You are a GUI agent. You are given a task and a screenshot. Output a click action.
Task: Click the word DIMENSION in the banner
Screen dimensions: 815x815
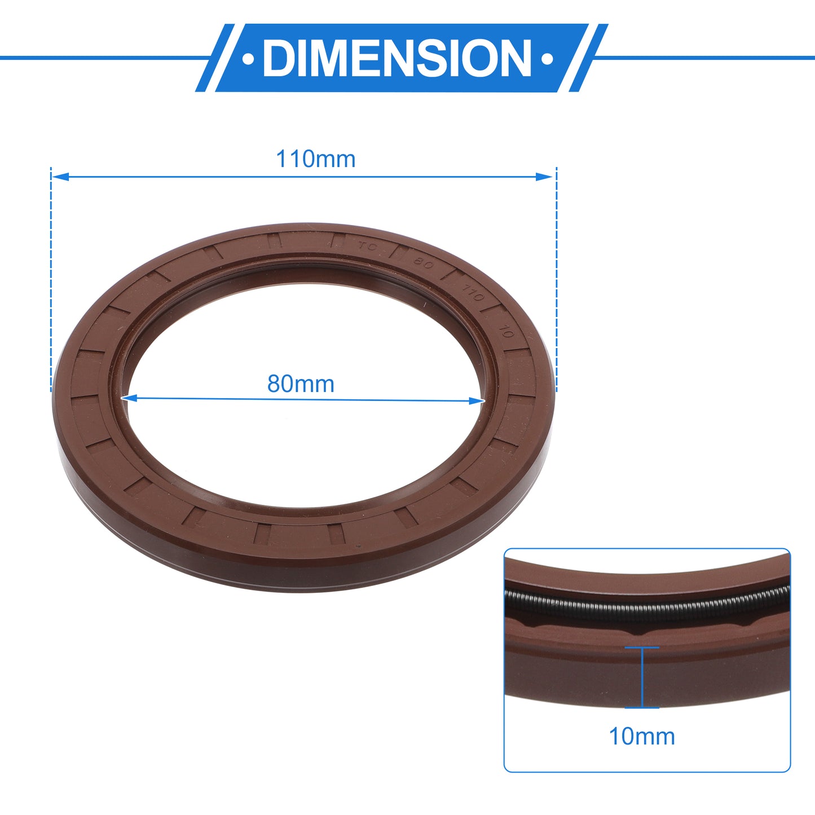pyautogui.click(x=397, y=58)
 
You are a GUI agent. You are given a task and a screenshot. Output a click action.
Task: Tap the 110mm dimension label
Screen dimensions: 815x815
pyautogui.click(x=315, y=160)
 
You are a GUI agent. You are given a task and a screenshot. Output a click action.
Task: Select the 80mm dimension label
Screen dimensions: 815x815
pyautogui.click(x=301, y=384)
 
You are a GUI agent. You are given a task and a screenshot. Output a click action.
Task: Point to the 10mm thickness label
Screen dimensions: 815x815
pyautogui.click(x=642, y=737)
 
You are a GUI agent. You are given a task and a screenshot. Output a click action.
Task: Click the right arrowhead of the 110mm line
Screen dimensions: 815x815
pyautogui.click(x=544, y=177)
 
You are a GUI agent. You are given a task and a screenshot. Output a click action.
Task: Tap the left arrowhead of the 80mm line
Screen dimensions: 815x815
pyautogui.click(x=129, y=398)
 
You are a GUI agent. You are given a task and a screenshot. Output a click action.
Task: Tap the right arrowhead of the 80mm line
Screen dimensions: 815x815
pyautogui.click(x=477, y=401)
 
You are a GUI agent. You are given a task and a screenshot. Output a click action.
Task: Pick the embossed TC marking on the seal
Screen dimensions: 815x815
pyautogui.click(x=367, y=246)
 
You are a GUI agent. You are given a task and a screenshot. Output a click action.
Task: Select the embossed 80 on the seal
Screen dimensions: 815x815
pyautogui.click(x=424, y=263)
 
